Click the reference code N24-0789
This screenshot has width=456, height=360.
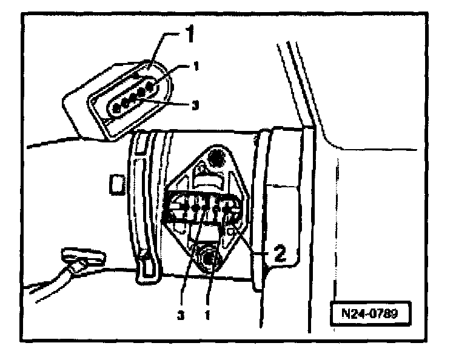371,315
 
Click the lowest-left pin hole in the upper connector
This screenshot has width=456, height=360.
116,108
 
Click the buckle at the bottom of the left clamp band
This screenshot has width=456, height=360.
146,267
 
